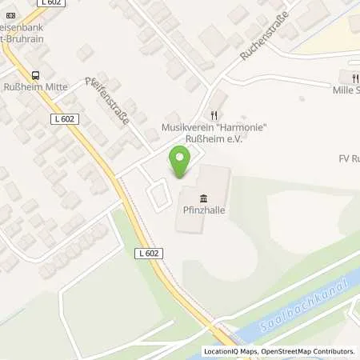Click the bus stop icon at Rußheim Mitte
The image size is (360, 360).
pos(34,76)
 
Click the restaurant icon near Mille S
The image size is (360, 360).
pos(354,77)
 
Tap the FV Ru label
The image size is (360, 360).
pos(349,158)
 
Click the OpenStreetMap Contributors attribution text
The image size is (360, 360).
pos(311,351)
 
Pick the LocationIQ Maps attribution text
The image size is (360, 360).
pos(230,351)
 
